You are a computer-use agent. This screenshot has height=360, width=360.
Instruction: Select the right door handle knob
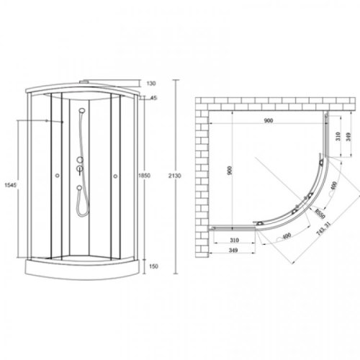[115, 178]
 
